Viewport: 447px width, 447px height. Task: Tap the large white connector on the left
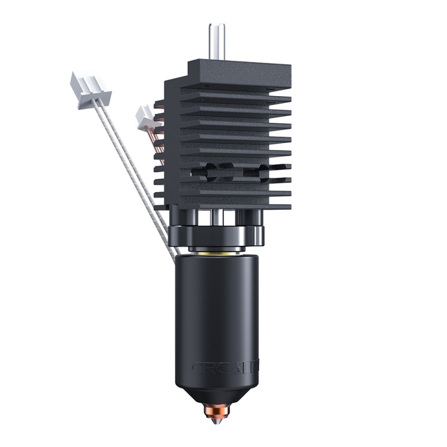click(x=89, y=89)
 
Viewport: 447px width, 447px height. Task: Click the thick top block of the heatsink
click(x=240, y=73)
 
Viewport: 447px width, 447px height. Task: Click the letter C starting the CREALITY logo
click(x=196, y=368)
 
